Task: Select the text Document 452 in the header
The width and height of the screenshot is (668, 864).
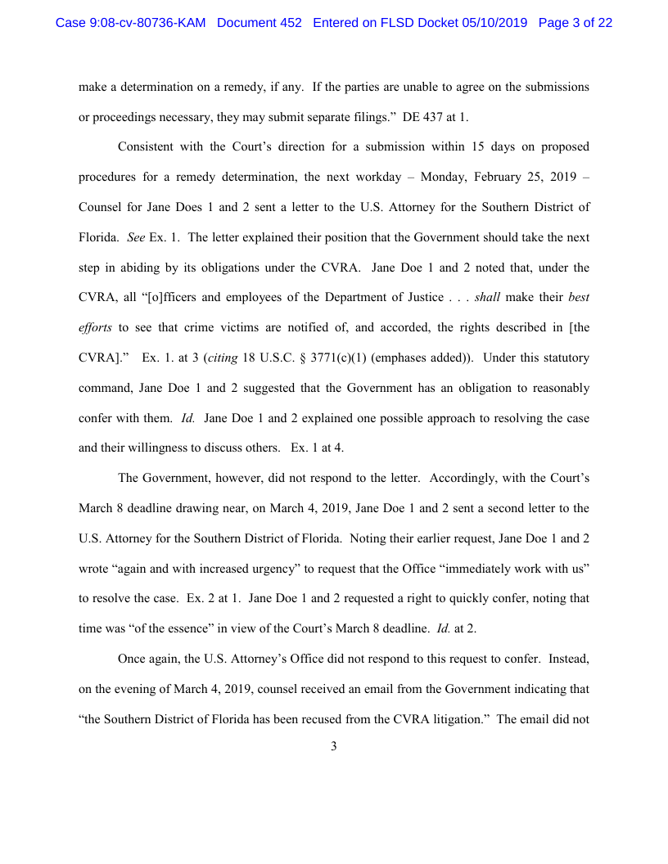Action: coord(260,23)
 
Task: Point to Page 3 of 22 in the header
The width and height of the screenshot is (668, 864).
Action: coord(575,23)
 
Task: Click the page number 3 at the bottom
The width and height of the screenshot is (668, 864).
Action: coord(334,746)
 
